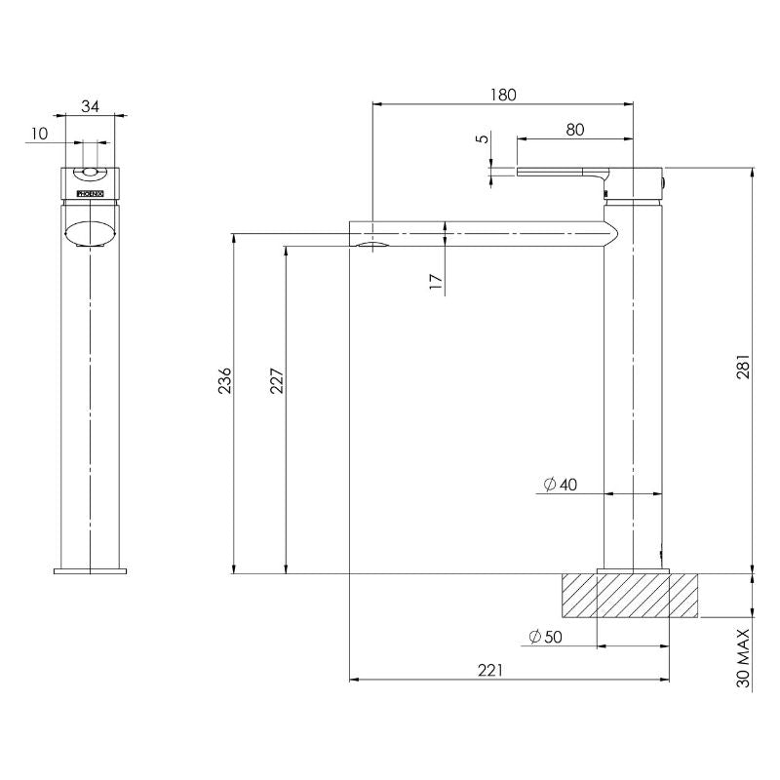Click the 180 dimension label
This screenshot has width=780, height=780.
click(x=502, y=95)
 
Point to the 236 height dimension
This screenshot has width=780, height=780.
click(x=225, y=380)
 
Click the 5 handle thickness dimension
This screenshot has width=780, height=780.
click(x=481, y=139)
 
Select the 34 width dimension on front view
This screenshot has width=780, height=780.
click(x=90, y=106)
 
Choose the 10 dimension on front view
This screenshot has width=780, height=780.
click(x=39, y=135)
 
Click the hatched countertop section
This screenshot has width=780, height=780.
click(x=629, y=596)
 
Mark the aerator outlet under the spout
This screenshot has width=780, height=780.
click(x=371, y=245)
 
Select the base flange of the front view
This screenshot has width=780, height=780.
click(x=90, y=569)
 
